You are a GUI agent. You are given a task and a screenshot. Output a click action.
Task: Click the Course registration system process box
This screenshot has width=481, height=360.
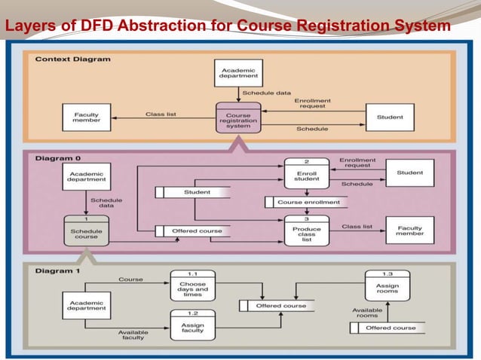(x=238, y=117)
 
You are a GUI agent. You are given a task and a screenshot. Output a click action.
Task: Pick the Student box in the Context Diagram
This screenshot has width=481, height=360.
(x=390, y=117)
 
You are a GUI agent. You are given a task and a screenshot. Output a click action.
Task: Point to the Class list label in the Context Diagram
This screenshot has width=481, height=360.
(x=160, y=114)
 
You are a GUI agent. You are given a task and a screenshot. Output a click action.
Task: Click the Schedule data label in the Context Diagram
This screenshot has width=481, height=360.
(x=265, y=93)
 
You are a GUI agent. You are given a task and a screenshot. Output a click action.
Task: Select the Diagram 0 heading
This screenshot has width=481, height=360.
(x=57, y=158)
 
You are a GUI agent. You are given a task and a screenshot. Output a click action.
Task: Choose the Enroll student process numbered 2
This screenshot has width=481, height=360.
(x=306, y=175)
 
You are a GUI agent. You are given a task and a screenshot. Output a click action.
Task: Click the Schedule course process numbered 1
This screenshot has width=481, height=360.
(x=86, y=230)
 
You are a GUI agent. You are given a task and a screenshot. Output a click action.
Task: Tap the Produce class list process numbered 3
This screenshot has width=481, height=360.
(x=306, y=233)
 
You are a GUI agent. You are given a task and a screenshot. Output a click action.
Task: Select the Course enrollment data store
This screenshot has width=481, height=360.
(x=308, y=202)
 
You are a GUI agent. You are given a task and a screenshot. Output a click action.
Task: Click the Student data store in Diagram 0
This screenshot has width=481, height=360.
(x=196, y=192)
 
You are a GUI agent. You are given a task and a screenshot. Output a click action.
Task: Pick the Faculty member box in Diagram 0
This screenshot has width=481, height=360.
(x=410, y=230)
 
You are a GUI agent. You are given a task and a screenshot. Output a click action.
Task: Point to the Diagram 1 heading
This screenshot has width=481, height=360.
(x=57, y=270)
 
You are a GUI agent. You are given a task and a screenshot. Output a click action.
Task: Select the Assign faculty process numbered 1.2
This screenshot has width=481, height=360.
(x=192, y=326)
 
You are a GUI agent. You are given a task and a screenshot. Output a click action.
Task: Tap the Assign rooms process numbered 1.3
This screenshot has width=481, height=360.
(x=388, y=285)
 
